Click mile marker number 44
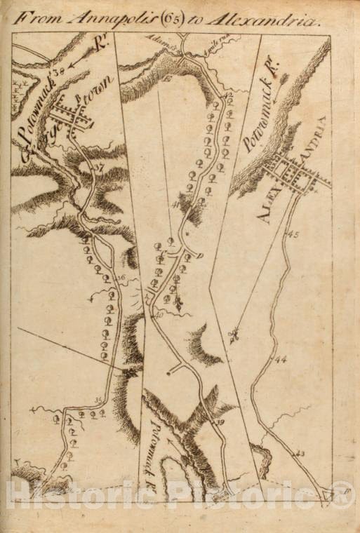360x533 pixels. [x=281, y=359]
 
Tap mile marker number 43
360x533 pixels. [x=300, y=454]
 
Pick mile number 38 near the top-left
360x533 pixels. [x=58, y=69]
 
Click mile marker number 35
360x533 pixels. [x=98, y=400]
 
